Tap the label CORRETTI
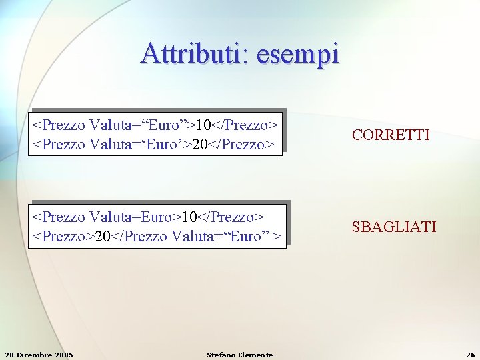pos(391,135)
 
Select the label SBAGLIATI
pos(394,227)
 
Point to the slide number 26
pos(470,355)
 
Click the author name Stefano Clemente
pos(239,355)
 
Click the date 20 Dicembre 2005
pos(39,355)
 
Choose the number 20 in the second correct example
pos(199,144)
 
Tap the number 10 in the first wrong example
pos(189,217)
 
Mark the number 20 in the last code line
pos(103,236)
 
